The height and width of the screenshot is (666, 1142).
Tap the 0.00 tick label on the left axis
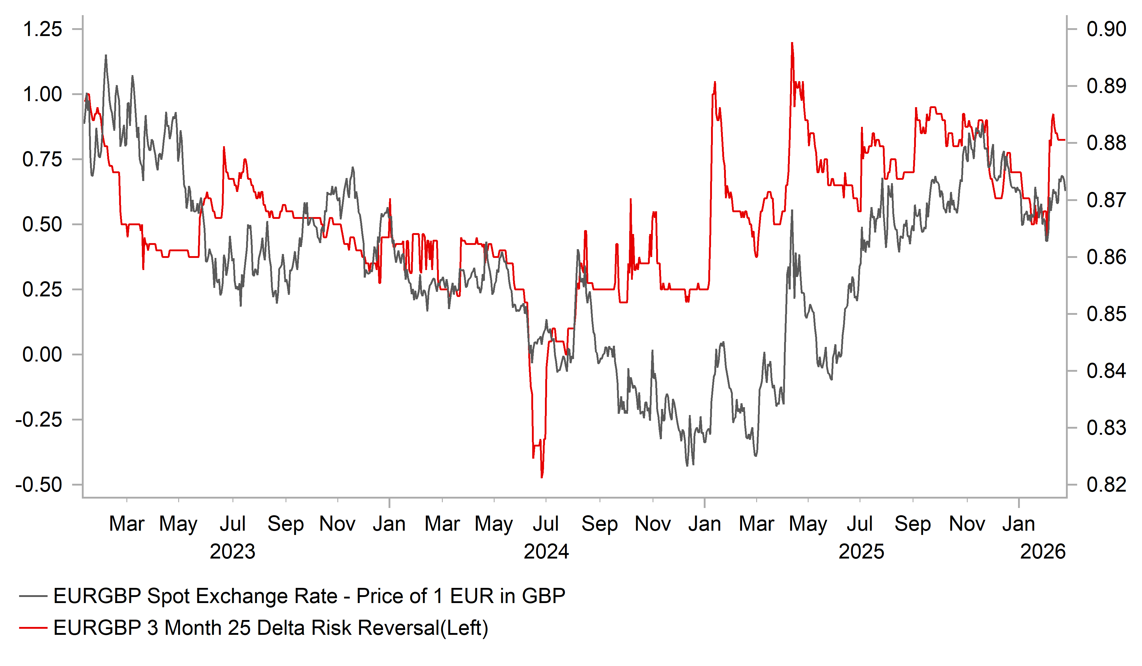point(42,354)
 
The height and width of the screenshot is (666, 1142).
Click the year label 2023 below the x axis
point(232,552)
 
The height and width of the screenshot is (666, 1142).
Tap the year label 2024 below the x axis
point(546,552)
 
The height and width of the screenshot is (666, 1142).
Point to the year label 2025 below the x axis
point(861,552)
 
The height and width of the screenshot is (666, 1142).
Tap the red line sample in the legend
point(33,628)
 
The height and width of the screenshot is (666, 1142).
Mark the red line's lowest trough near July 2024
point(542,477)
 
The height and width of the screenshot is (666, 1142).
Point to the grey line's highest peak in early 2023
point(106,56)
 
